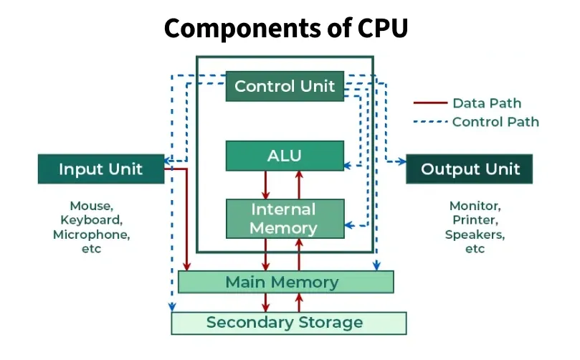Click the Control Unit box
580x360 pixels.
(x=285, y=87)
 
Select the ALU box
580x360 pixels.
(x=285, y=156)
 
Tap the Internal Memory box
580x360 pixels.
(x=284, y=219)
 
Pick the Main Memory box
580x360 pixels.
(x=285, y=282)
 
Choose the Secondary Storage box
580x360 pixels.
(x=287, y=323)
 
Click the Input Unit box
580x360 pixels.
(x=100, y=169)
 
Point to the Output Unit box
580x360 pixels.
(x=470, y=169)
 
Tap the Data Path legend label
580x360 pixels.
(x=486, y=103)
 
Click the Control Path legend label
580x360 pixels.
(x=495, y=122)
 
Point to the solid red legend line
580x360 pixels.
(x=429, y=103)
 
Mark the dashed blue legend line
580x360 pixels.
(x=429, y=122)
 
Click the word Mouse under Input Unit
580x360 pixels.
(x=90, y=206)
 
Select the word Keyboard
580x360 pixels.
(x=91, y=220)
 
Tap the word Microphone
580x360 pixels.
(x=91, y=235)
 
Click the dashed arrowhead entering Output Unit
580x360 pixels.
(x=401, y=161)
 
